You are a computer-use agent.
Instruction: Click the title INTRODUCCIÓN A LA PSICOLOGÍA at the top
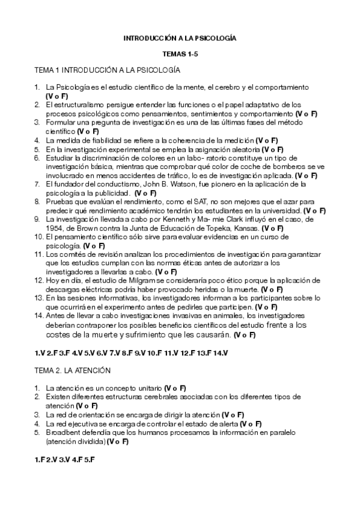pos(180,38)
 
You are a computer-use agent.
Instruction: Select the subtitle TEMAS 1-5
pos(180,54)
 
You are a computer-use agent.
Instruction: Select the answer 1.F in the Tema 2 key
pos(40,459)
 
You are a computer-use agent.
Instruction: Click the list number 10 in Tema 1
pos(39,238)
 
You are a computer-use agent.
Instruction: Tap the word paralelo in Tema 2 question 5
pos(308,432)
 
